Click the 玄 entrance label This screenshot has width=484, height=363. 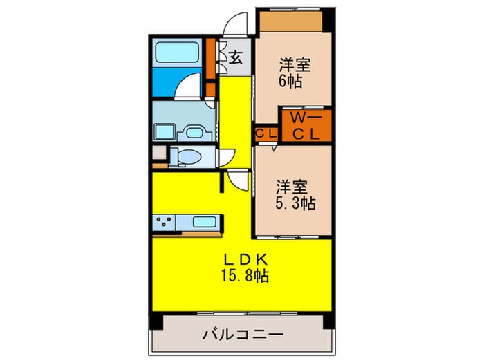click(236, 58)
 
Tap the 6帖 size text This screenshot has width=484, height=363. click(290, 80)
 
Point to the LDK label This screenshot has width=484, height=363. click(241, 261)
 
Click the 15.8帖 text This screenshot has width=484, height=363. click(241, 276)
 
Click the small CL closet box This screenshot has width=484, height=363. click(266, 133)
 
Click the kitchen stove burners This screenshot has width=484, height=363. click(166, 223)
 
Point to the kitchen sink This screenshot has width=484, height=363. click(203, 223)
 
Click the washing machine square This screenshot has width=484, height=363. click(165, 131)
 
